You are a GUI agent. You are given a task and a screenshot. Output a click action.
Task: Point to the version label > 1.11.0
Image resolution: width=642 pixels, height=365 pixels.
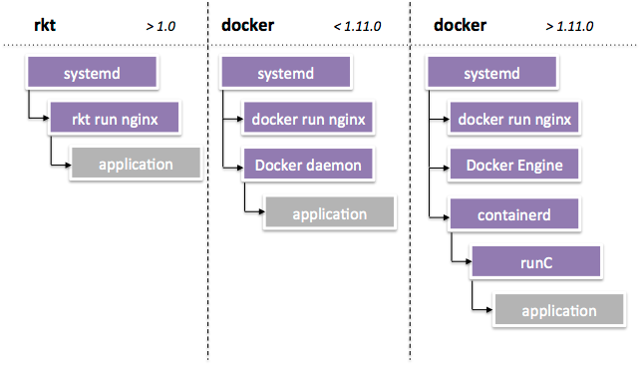(569, 27)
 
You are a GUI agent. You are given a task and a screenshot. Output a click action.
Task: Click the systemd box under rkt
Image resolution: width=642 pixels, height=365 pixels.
(93, 73)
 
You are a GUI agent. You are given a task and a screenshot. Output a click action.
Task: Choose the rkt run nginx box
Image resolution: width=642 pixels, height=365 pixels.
(114, 119)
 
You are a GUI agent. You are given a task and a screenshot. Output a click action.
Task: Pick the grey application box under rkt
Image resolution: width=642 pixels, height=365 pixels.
(135, 164)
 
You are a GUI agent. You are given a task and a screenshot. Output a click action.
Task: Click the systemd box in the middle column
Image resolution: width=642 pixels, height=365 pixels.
(286, 73)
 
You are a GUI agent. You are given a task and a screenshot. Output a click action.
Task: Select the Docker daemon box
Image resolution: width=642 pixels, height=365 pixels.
(308, 164)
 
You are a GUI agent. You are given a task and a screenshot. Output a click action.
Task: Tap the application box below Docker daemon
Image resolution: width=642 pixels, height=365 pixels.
(329, 213)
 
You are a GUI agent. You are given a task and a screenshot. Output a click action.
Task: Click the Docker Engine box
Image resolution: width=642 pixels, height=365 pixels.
(513, 164)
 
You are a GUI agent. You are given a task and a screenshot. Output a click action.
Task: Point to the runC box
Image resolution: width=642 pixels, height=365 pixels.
(535, 262)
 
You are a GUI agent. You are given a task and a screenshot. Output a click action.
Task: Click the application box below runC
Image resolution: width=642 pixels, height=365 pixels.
(558, 310)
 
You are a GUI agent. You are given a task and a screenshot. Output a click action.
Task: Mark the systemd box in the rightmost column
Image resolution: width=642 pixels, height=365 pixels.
(492, 73)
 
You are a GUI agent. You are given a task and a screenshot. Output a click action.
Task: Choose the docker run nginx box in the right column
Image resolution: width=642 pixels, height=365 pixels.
(513, 119)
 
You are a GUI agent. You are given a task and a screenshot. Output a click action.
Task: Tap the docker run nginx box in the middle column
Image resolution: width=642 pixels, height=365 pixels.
(308, 119)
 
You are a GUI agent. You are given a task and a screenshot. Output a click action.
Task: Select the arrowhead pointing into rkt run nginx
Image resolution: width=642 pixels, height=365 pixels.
(44, 120)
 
